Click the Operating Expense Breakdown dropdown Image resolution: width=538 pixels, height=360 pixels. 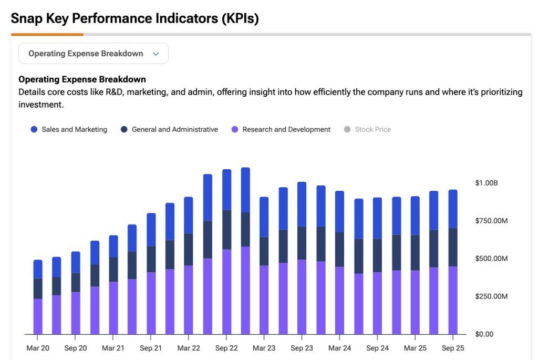[93, 54]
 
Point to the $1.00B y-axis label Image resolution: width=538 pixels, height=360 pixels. [486, 183]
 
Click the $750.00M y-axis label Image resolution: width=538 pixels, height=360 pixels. [491, 221]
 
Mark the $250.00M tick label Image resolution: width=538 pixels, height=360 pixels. [491, 296]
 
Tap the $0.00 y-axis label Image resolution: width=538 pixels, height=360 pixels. [484, 334]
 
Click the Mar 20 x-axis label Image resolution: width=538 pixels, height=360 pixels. [38, 348]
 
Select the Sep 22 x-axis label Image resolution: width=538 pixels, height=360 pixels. [226, 348]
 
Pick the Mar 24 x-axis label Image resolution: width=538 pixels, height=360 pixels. [339, 348]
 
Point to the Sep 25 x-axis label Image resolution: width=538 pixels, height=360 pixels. [452, 348]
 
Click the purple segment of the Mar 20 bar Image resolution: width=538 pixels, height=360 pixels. [38, 316]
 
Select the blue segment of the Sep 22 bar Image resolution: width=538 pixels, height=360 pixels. [226, 190]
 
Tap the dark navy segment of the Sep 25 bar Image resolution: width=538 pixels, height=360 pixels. [452, 247]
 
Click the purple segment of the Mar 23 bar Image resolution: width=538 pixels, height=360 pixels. [264, 300]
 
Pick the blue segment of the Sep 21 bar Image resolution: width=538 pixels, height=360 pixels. [151, 230]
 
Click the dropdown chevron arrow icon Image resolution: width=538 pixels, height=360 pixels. [156, 54]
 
